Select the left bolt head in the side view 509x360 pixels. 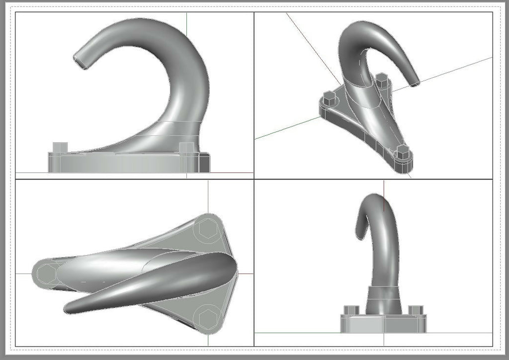[60, 147]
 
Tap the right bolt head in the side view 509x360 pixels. [186, 148]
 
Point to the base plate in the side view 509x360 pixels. [129, 163]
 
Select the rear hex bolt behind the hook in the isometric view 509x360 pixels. [381, 80]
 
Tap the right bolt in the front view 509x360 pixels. [415, 310]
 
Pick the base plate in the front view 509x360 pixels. [383, 324]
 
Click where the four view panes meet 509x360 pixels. [254, 179]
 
